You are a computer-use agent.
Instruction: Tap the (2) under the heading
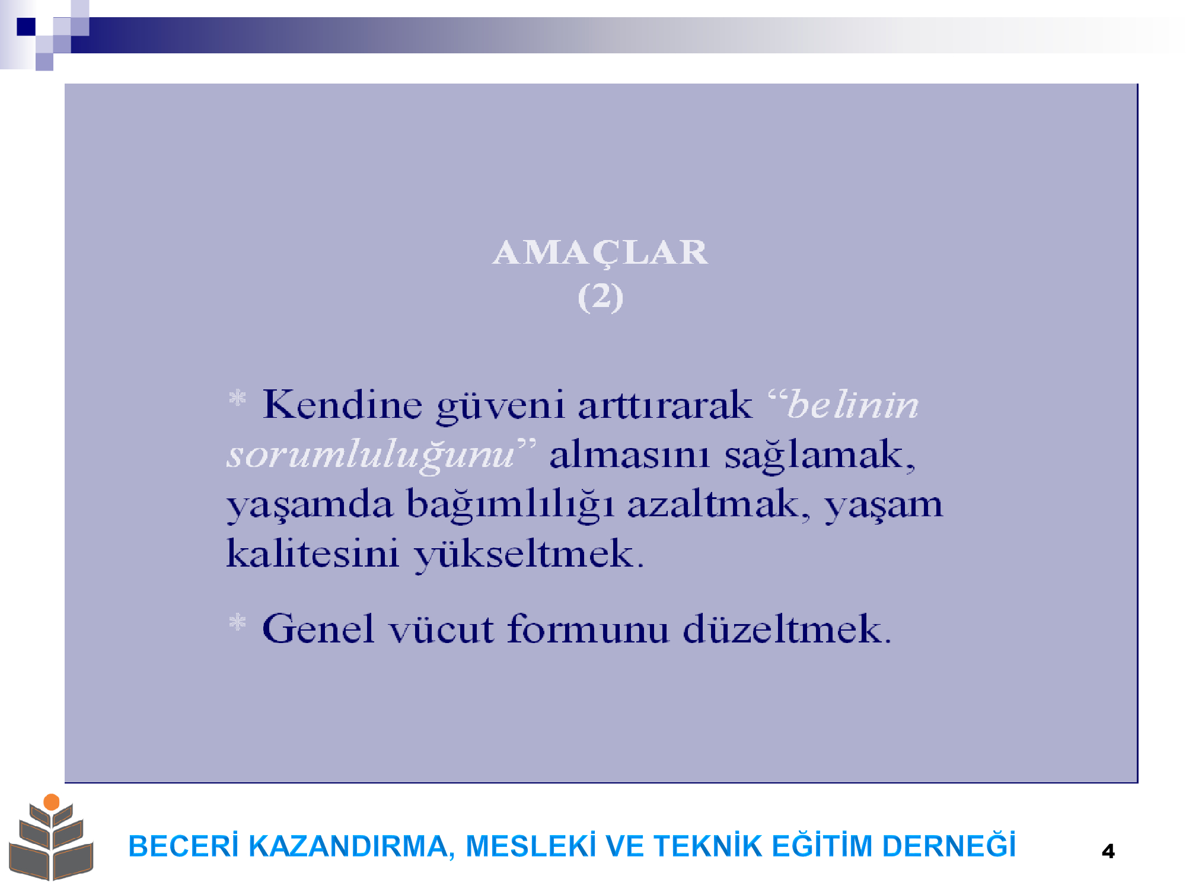[600, 296]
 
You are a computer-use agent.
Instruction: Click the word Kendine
[342, 405]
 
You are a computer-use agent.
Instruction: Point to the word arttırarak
[665, 405]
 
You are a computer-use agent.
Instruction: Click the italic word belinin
[852, 405]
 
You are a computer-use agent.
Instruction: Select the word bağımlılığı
[510, 506]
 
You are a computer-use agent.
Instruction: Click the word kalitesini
[313, 554]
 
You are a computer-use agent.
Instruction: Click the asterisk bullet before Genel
[237, 622]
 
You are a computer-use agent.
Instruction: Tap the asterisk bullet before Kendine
[237, 398]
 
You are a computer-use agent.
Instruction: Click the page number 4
[1108, 852]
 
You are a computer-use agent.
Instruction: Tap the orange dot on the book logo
[52, 802]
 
